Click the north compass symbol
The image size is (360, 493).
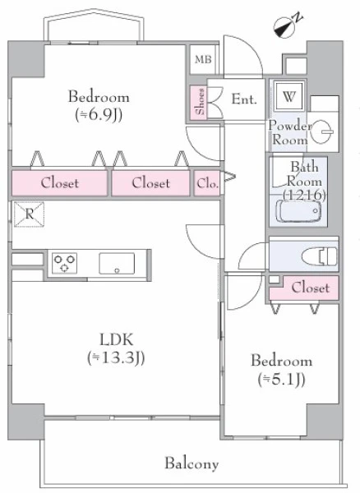(x=286, y=25)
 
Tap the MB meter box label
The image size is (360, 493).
(x=203, y=59)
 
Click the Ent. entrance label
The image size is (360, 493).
(x=244, y=99)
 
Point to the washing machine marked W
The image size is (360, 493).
(x=288, y=96)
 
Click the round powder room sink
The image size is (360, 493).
(x=321, y=131)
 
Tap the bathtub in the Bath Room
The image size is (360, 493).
(x=298, y=211)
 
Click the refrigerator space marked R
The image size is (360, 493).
(x=29, y=214)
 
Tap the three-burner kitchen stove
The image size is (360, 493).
(x=64, y=263)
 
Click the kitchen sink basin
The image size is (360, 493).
(x=117, y=264)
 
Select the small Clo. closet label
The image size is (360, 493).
(x=207, y=183)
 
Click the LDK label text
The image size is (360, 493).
(x=117, y=339)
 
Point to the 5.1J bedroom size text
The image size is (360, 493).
(x=281, y=380)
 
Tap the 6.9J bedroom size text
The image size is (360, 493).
(x=99, y=115)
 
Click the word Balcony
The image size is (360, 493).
(x=192, y=463)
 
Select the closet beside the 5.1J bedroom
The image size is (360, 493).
(x=304, y=288)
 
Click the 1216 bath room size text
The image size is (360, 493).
(x=304, y=196)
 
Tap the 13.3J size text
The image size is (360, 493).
(x=116, y=357)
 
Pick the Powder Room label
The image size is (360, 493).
(x=290, y=132)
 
